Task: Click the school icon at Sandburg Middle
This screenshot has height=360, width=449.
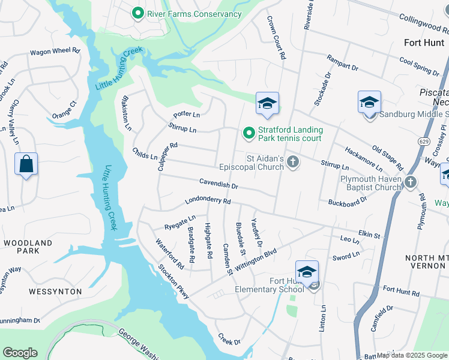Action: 369,103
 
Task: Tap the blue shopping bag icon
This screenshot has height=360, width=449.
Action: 26,165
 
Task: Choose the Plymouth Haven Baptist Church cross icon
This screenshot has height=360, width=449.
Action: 410,182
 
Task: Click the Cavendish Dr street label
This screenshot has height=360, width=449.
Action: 219,185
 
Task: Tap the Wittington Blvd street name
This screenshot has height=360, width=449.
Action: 256,259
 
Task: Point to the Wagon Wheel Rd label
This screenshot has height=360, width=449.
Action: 55,52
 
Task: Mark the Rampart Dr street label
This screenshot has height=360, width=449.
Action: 342,62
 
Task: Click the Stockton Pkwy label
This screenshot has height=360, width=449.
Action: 174,282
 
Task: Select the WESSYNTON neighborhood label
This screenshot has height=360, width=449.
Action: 55,291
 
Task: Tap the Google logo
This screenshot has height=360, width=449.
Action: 20,353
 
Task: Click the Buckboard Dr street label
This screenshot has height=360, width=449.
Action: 347,203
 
